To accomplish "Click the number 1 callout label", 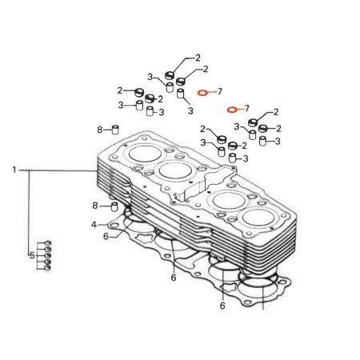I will (14, 170).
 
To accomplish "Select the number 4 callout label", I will (94, 225).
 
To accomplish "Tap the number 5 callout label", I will (32, 256).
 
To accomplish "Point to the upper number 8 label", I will (99, 130).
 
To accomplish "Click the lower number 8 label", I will (94, 206).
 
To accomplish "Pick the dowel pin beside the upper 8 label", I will (114, 129).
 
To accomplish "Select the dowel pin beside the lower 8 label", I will (114, 206).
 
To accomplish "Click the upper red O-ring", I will (203, 93).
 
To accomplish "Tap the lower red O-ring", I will (231, 109).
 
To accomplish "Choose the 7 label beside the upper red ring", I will (219, 92).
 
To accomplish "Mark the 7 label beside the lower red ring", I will (247, 108).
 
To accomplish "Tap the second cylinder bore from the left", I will (175, 170).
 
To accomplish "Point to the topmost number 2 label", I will (198, 58).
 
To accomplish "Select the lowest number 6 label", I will (222, 306).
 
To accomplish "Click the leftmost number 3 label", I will (121, 105).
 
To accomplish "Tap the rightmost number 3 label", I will (276, 141).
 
